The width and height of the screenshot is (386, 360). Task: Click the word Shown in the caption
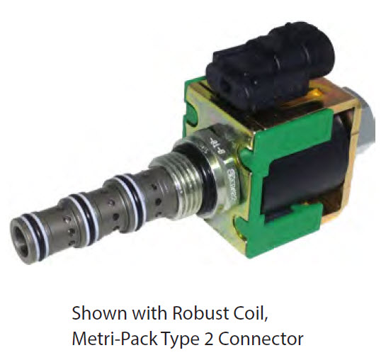[99, 313]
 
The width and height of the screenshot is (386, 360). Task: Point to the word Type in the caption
[180, 340]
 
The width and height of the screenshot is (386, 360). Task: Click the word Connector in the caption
[261, 339]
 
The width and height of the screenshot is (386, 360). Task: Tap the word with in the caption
[149, 313]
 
